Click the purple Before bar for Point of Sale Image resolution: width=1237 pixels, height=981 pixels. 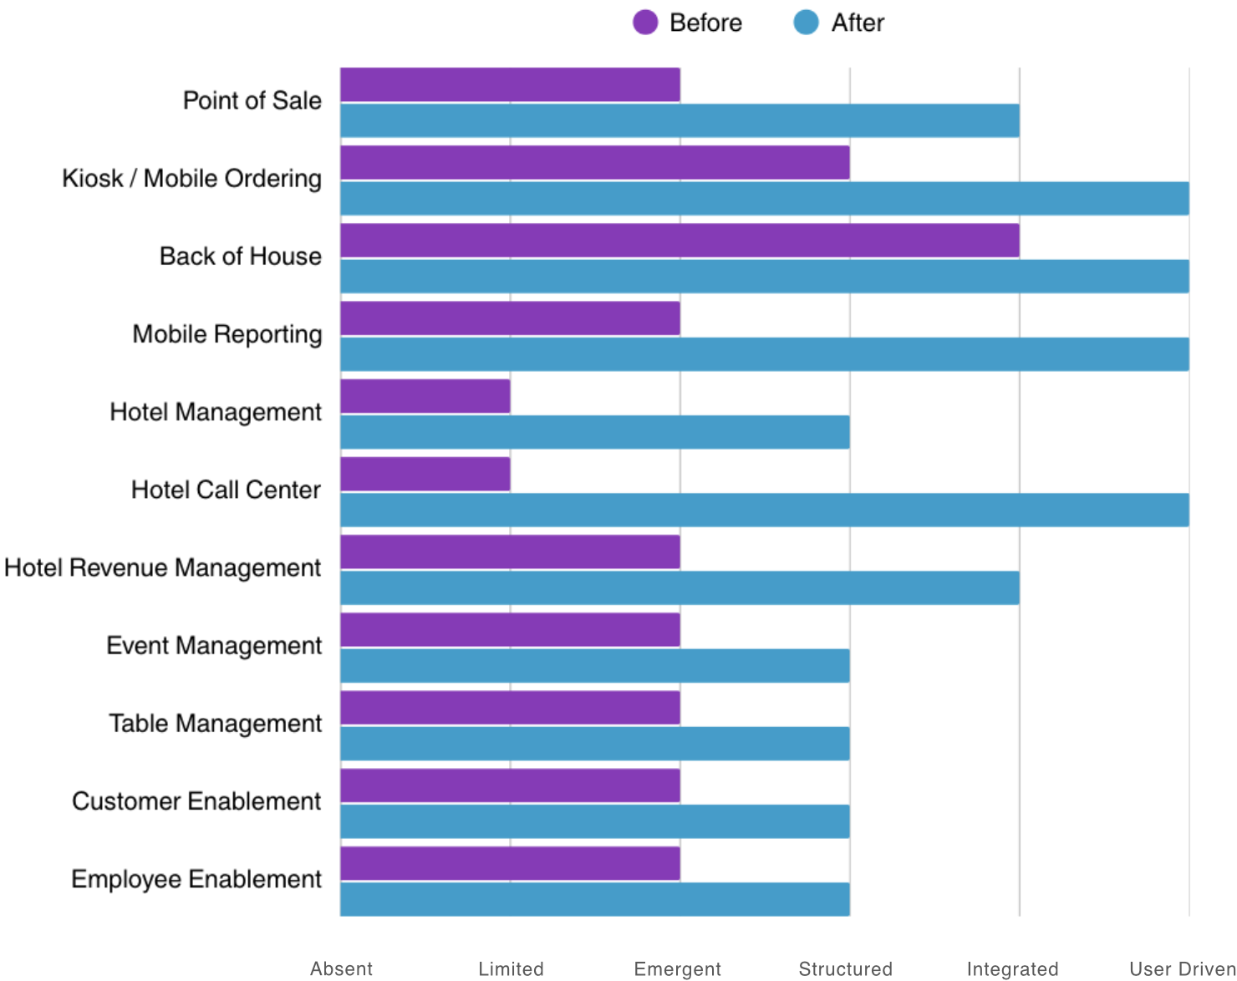click(x=510, y=85)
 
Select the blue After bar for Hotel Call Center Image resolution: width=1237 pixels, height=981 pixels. click(x=764, y=510)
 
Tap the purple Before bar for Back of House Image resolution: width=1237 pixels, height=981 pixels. click(x=680, y=241)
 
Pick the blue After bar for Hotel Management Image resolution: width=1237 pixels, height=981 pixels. click(x=594, y=432)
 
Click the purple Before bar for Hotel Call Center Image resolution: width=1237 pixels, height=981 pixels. click(x=425, y=474)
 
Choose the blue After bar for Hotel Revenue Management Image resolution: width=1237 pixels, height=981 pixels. click(x=680, y=587)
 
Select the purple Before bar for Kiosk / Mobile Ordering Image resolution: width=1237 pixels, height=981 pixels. click(x=594, y=163)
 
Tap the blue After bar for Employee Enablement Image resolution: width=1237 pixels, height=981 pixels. click(x=594, y=899)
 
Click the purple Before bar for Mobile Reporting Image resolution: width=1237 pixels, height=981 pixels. click(x=510, y=318)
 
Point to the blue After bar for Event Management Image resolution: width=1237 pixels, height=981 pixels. click(x=594, y=666)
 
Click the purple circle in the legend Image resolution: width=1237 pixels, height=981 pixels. click(x=645, y=23)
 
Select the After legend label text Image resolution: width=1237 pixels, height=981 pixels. click(x=857, y=23)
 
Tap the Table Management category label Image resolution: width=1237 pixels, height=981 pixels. click(x=215, y=723)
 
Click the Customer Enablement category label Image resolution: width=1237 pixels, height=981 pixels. click(x=196, y=801)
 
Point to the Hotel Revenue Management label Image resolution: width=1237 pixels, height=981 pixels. click(x=162, y=567)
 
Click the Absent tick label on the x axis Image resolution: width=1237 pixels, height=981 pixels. click(x=341, y=968)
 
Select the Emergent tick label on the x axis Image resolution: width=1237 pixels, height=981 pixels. click(x=677, y=968)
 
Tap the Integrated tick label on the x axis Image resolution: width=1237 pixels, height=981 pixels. click(x=1012, y=968)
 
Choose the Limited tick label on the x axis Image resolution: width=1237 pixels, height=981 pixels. click(x=511, y=968)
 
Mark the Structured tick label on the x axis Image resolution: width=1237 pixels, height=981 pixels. click(x=845, y=968)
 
